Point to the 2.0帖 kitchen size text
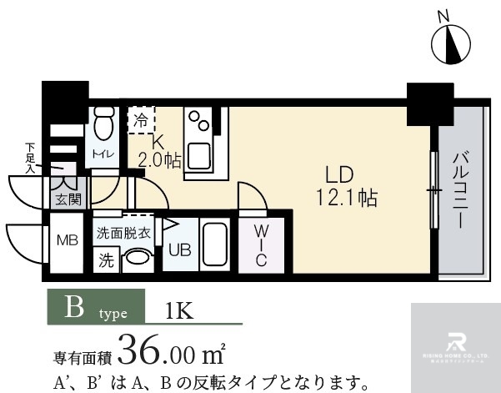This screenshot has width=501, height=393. click(158, 160)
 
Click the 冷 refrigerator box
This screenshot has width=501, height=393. click(139, 119)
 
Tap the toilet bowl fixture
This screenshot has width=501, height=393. click(104, 126)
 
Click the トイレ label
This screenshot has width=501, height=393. click(103, 154)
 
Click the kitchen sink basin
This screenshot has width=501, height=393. click(200, 155)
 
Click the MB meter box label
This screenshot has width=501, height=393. click(67, 241)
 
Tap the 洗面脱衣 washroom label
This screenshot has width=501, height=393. click(123, 233)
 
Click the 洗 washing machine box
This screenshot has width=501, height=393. click(107, 259)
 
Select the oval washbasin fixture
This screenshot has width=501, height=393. click(137, 259)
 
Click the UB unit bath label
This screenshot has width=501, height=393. click(179, 249)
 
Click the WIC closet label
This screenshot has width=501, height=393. click(260, 245)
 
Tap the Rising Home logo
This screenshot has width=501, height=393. click(456, 343)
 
